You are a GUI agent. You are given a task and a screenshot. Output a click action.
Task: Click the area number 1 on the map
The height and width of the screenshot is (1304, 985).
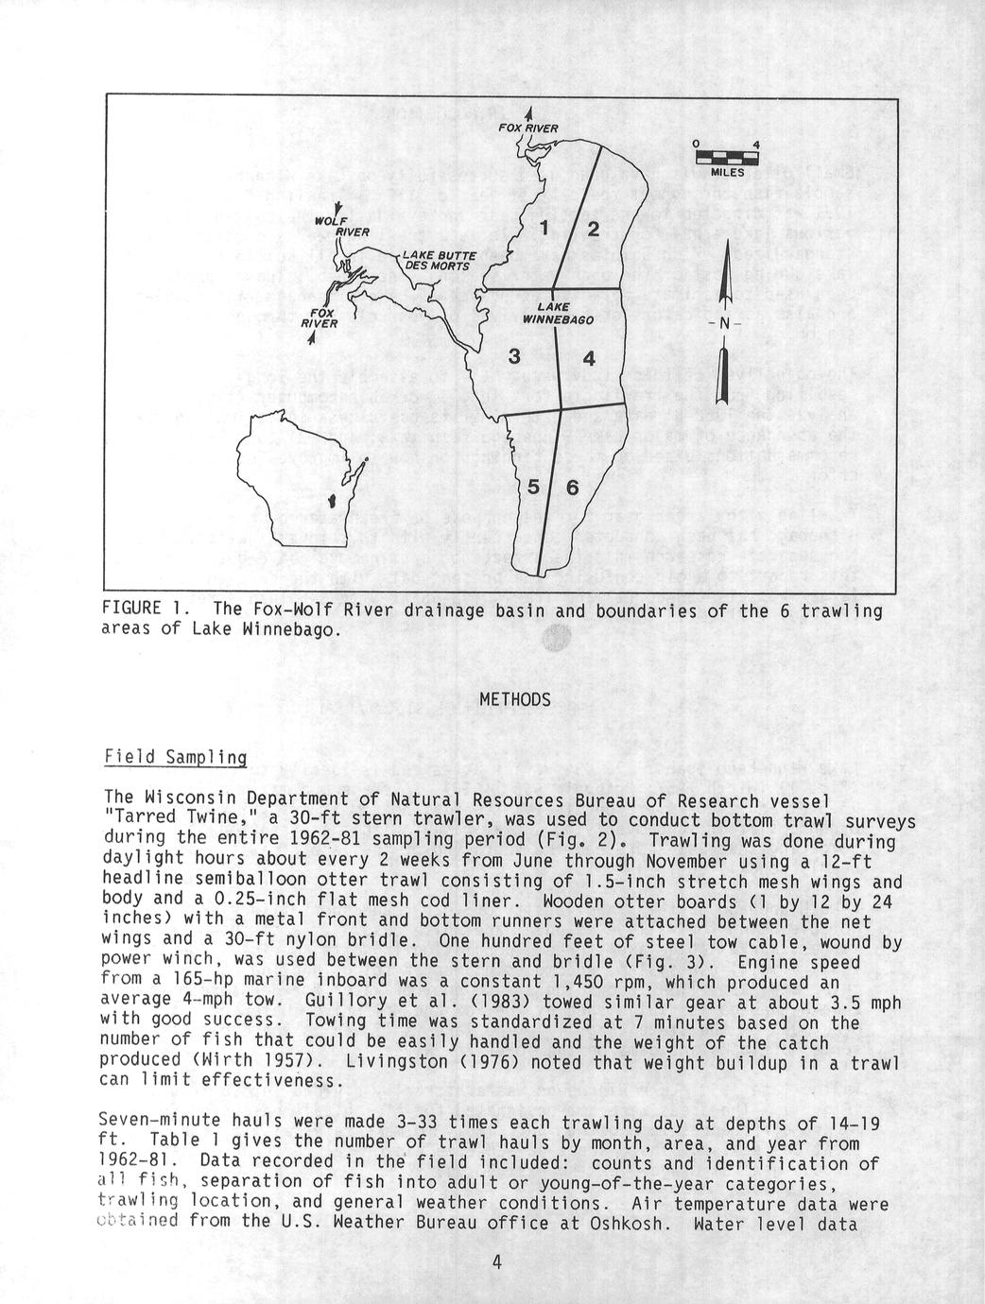click(x=544, y=228)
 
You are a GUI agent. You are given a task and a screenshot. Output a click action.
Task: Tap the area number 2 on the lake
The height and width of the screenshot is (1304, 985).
click(x=593, y=229)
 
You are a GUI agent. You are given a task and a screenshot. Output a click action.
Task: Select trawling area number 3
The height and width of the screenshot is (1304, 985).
click(x=514, y=356)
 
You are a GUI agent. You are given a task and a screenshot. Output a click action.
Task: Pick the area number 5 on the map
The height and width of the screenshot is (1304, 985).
click(x=534, y=488)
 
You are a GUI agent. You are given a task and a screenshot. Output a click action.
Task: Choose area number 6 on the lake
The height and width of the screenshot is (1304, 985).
click(x=572, y=488)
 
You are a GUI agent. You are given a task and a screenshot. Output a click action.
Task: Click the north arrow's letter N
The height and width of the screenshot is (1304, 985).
click(x=723, y=323)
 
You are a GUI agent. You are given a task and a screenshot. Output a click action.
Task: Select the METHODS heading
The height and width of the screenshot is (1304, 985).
click(x=514, y=699)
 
